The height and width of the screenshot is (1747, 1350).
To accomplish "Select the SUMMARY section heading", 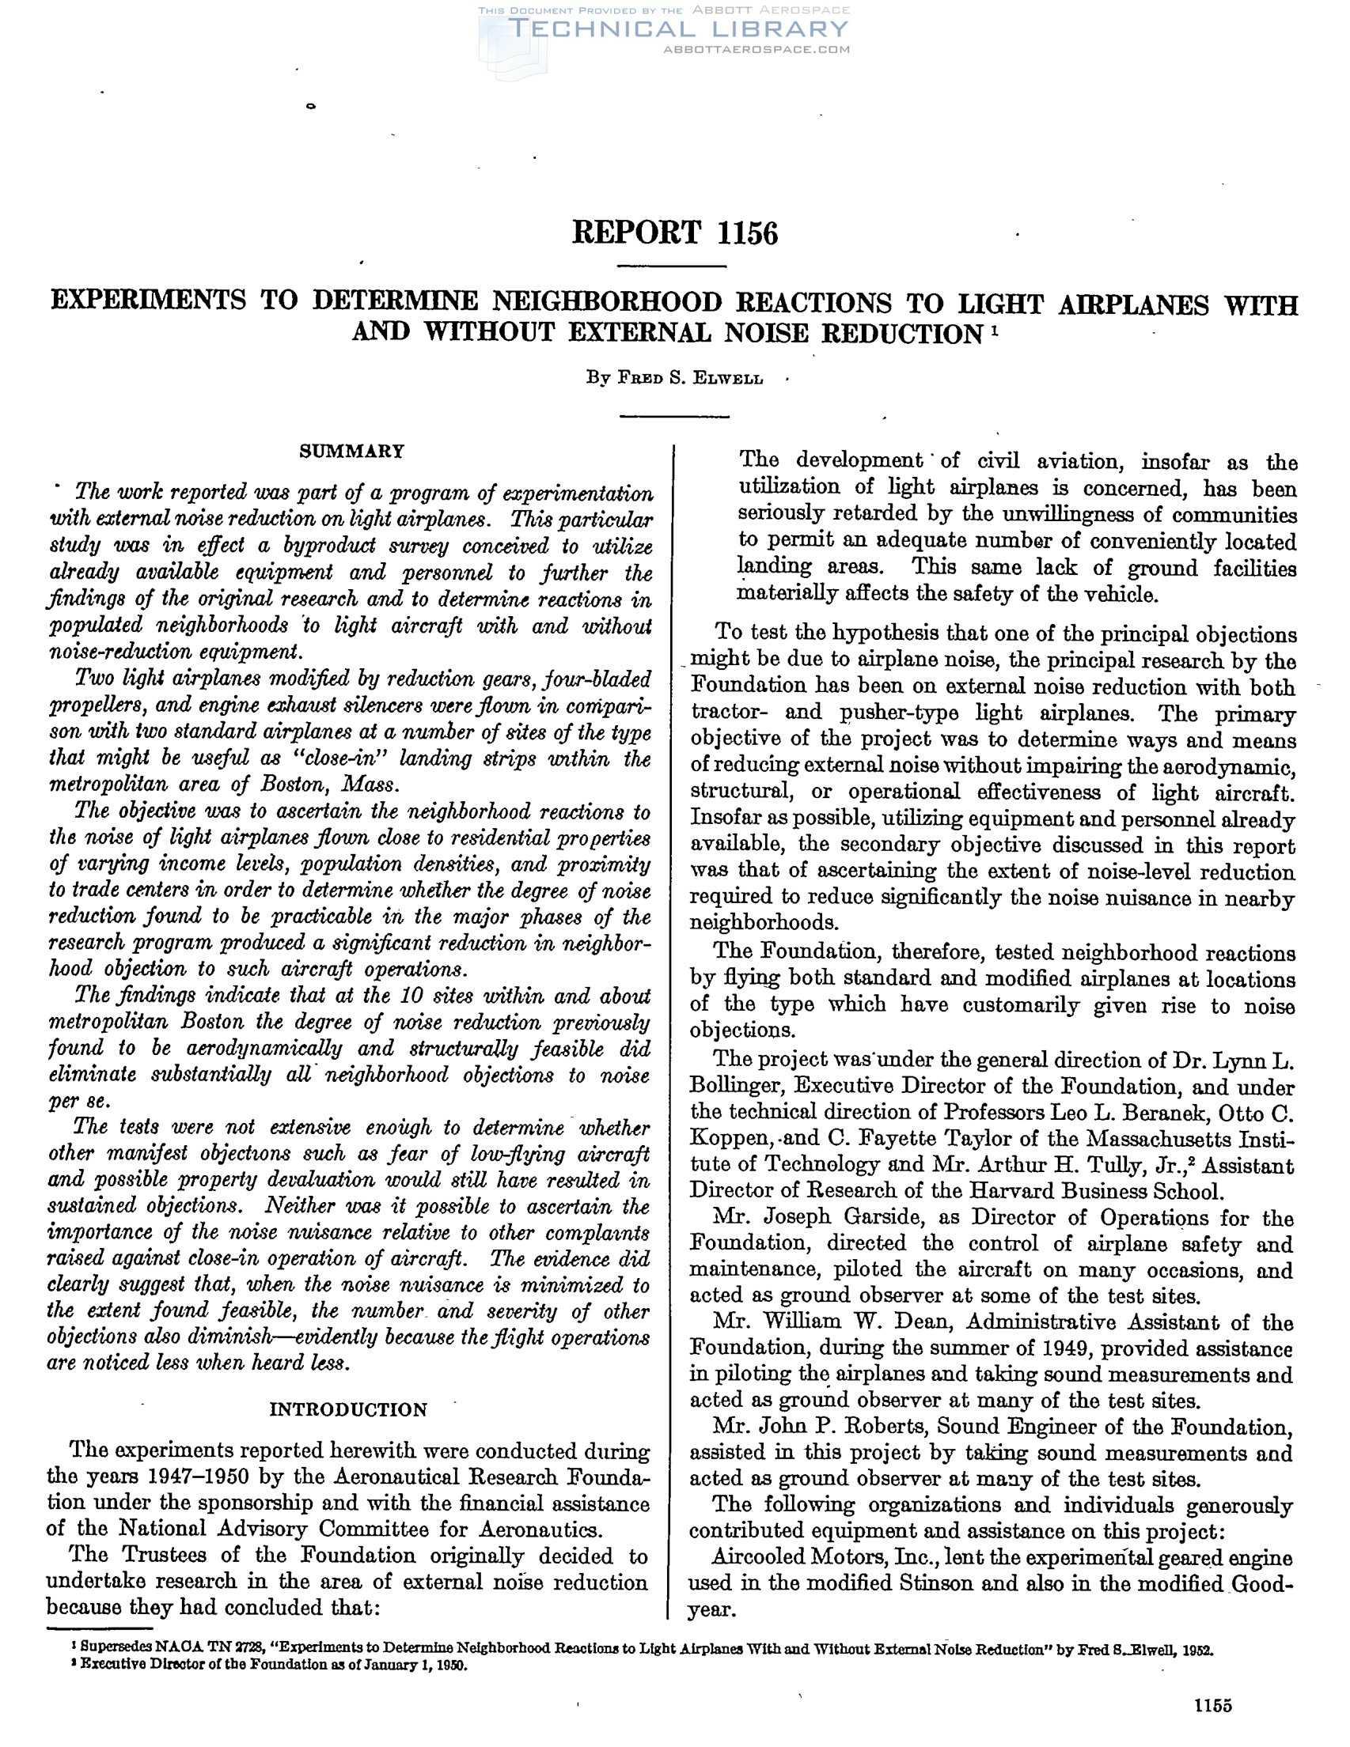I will coord(351,451).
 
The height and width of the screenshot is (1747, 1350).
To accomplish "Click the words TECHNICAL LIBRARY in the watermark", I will coord(677,29).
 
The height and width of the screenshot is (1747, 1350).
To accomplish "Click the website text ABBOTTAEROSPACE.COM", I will coord(757,49).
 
